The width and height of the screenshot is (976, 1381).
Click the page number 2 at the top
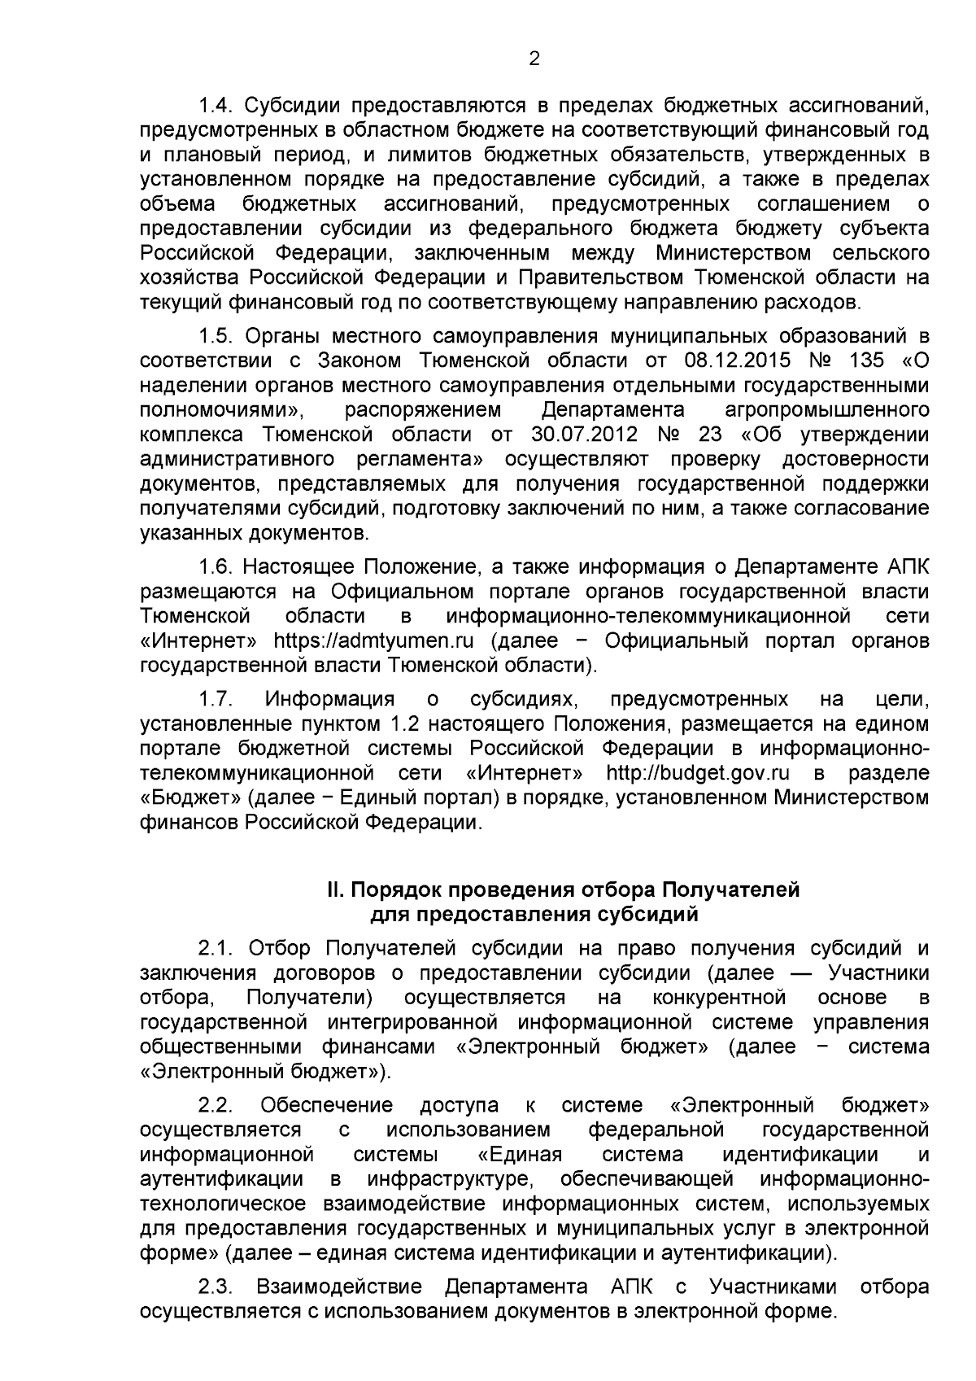tap(534, 58)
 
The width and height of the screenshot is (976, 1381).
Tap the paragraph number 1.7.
tap(216, 699)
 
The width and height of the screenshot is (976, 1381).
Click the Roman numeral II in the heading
tap(333, 889)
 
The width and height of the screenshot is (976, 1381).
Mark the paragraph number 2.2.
tap(216, 1105)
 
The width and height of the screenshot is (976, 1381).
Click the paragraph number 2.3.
tap(216, 1287)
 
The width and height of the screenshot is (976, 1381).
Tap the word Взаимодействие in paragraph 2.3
tap(339, 1287)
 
